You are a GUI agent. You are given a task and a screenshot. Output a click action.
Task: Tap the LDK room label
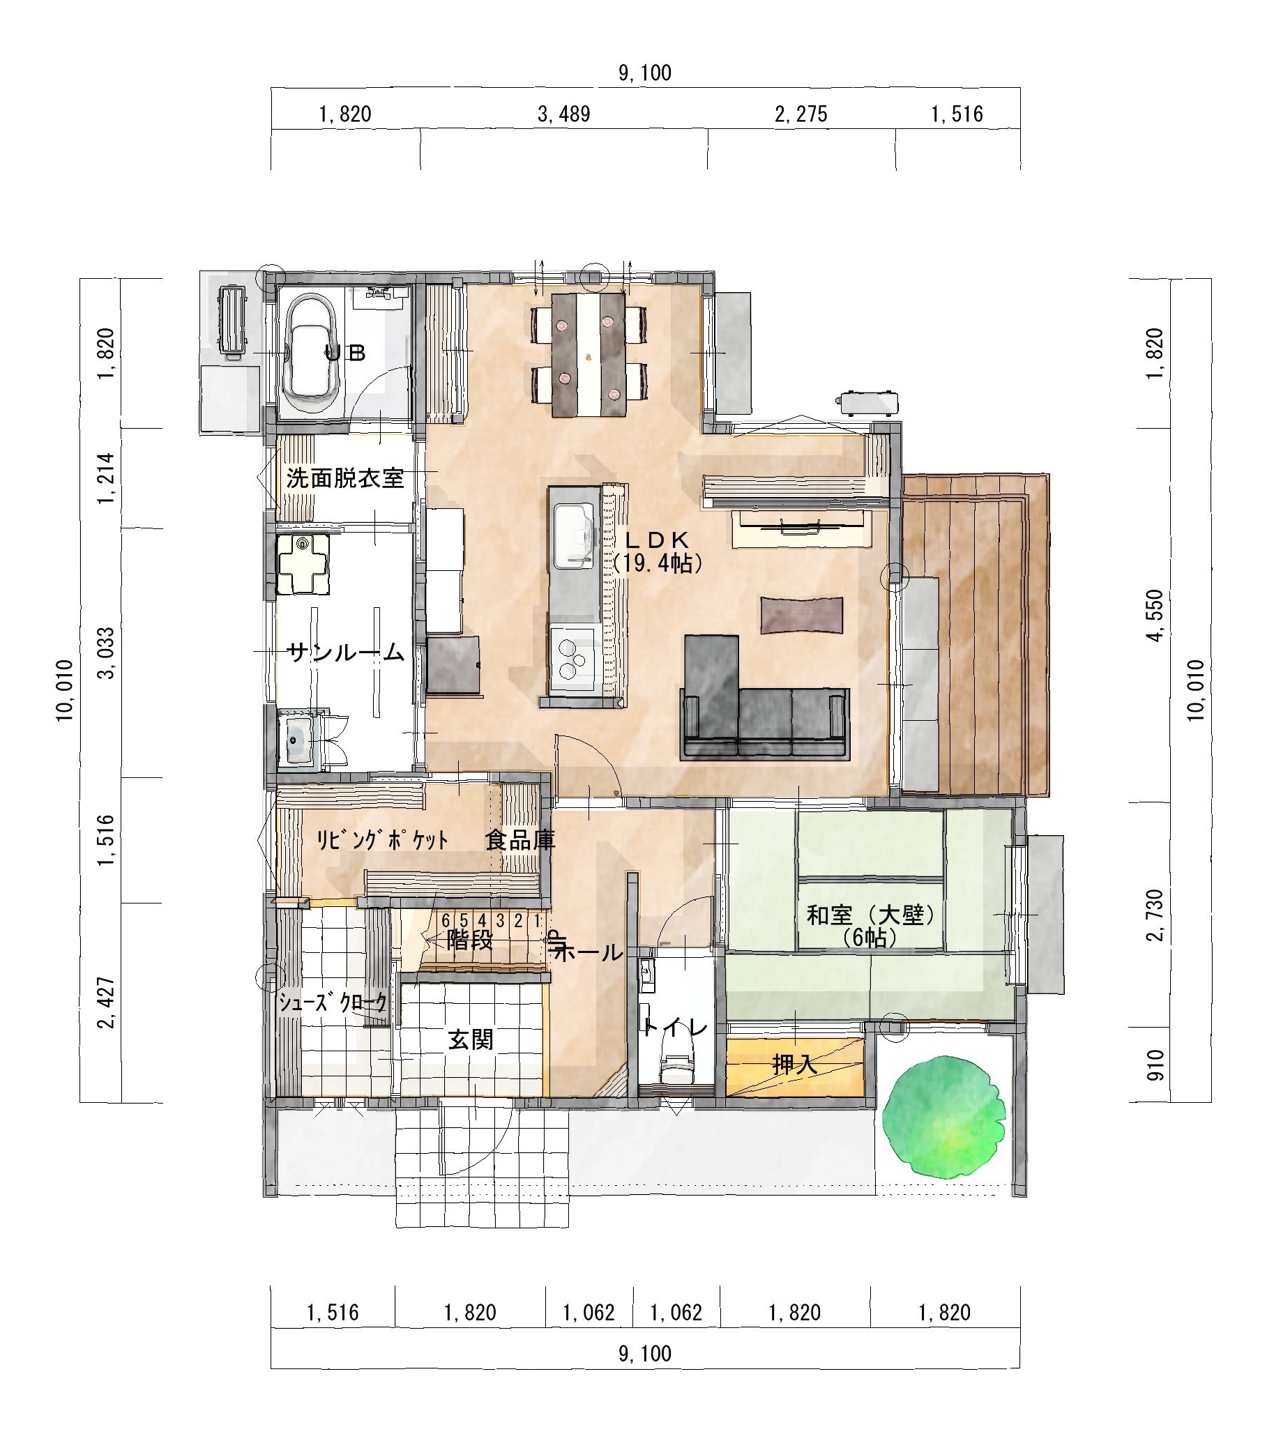pos(658,540)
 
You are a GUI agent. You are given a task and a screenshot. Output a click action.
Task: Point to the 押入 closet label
pos(794,1065)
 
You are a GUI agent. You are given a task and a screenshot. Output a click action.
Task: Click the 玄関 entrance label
pos(471,1039)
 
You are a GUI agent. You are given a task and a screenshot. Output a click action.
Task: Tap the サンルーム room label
pos(346,653)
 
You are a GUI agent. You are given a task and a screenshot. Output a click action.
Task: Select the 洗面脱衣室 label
pos(345,478)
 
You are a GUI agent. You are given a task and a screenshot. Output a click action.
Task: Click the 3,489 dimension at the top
pos(563,114)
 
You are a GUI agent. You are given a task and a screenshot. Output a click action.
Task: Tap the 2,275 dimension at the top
pos(801,114)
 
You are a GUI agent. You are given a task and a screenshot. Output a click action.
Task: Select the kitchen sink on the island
pos(574,535)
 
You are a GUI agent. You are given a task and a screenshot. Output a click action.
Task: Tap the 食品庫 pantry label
pos(520,840)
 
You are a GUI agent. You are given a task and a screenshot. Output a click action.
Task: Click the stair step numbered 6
pos(446,920)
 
